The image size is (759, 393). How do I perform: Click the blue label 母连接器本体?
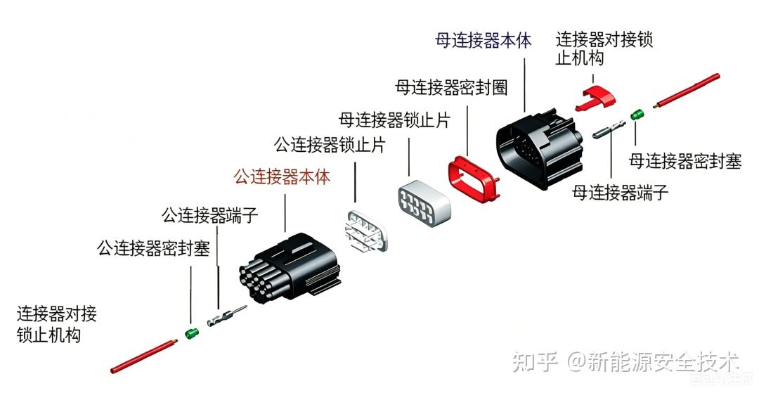coord(483,40)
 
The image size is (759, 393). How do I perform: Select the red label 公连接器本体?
coord(283,176)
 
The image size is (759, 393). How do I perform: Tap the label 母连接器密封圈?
coord(451,88)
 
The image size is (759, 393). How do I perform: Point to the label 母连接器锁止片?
coord(394,120)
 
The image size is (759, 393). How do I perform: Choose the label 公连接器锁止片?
coord(330,144)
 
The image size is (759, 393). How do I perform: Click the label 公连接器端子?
coord(209,215)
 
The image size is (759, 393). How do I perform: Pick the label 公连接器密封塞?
coord(153,247)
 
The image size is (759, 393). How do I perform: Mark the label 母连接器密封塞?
coord(685,161)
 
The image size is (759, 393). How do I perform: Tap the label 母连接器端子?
coord(620,193)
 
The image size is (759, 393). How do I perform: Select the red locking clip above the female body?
coord(595,98)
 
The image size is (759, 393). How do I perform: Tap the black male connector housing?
coord(289,268)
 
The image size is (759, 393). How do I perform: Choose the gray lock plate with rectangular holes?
coord(424,203)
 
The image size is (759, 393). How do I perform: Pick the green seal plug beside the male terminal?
coord(192,333)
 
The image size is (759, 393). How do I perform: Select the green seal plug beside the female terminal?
coord(637,115)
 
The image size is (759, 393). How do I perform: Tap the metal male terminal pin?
coord(227,316)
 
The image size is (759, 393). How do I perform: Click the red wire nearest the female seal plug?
coord(687,91)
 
